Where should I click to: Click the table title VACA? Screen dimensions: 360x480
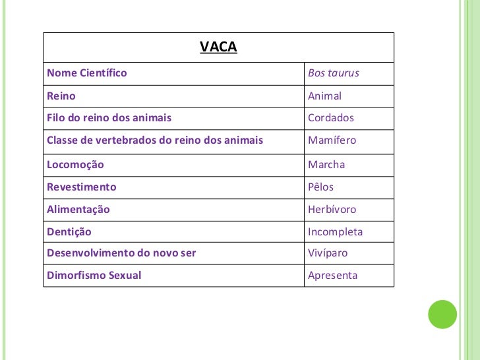218,47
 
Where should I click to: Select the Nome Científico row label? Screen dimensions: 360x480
87,73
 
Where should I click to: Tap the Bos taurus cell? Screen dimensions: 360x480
334,73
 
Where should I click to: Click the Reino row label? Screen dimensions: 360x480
61,96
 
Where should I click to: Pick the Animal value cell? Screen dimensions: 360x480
325,96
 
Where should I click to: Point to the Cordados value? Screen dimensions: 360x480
331,118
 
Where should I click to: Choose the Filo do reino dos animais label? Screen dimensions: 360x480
109,118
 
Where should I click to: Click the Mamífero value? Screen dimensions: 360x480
332,140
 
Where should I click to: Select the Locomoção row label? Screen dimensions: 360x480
75,164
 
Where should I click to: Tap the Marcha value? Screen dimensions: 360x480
327,164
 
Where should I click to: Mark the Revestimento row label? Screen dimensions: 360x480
82,187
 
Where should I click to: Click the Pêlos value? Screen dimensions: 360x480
321,187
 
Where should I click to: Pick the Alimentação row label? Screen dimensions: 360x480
78,210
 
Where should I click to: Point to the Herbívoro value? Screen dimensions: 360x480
332,210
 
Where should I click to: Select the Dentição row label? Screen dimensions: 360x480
69,232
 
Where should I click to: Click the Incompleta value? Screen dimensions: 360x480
336,232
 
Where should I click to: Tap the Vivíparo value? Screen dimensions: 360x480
328,253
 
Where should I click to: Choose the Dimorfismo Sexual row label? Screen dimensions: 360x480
94,276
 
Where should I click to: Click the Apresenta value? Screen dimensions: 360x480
333,276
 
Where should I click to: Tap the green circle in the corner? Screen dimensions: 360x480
442,315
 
